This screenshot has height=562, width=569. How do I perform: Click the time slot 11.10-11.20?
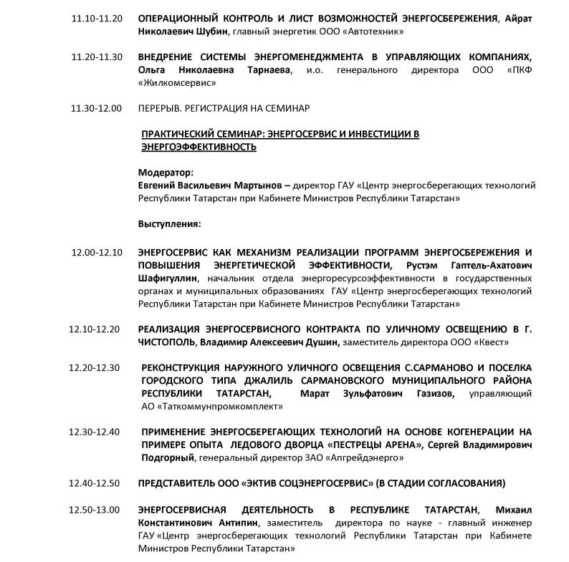97,18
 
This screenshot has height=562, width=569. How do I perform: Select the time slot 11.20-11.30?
97,57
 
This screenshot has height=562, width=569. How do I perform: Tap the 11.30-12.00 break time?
97,108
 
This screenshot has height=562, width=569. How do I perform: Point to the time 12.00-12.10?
97,252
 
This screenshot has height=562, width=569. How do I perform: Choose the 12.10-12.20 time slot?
95,329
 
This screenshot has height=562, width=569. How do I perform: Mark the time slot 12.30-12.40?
95,432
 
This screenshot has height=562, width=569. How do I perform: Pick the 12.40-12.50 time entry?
95,483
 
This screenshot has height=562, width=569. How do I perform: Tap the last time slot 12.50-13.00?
95,509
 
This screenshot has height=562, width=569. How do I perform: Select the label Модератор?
166,173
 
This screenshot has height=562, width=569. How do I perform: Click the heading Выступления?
170,224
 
